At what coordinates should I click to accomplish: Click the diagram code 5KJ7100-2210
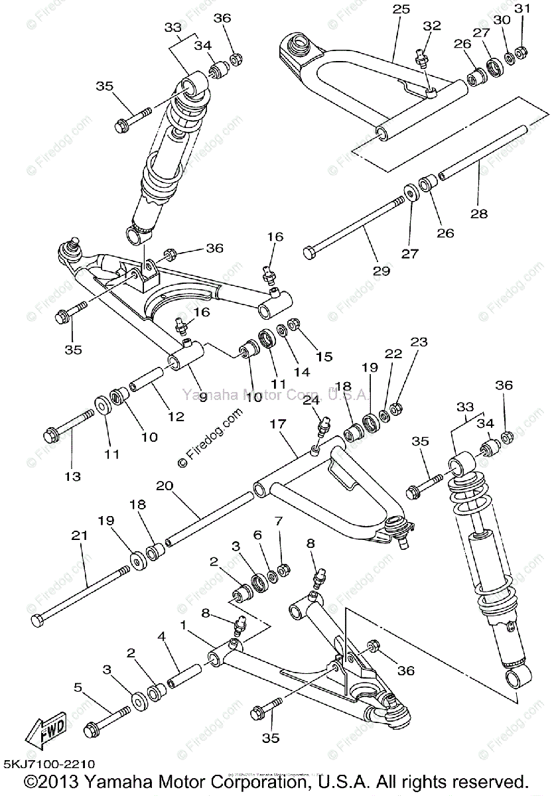click(49, 764)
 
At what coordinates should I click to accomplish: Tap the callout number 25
click(401, 9)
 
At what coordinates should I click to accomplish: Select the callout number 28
click(478, 214)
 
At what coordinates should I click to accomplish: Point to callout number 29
click(381, 270)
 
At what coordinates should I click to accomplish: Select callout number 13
click(72, 476)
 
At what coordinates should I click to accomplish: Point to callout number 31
click(523, 9)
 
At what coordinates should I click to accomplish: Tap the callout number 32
click(432, 26)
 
